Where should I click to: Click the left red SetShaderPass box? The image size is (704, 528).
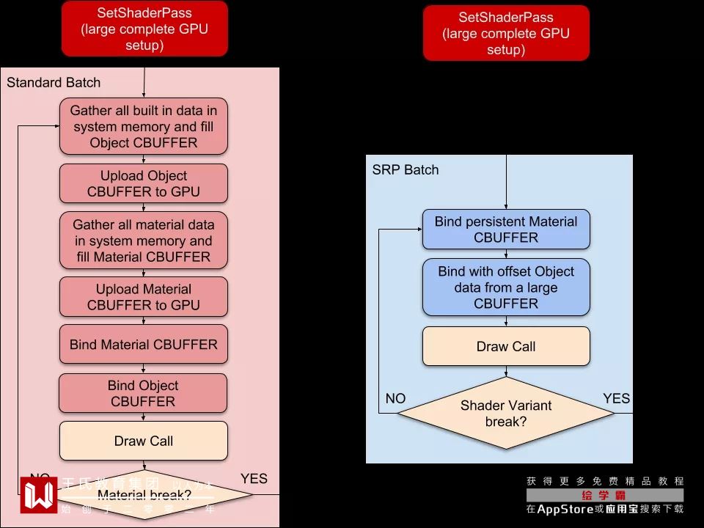coord(144,29)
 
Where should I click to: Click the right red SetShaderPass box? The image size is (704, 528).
coord(506,33)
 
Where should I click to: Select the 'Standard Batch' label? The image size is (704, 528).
coord(54,83)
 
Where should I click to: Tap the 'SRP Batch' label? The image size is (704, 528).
coord(405,169)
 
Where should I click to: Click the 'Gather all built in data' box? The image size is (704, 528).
coord(144,126)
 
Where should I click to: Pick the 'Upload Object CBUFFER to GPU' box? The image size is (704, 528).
coord(144,183)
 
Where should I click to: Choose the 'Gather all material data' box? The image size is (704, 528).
coord(144,241)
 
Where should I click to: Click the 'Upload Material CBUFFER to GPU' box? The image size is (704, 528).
coord(144,297)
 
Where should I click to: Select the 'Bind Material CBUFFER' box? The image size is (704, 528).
coord(144,344)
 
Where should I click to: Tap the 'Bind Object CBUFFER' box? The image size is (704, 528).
coord(144,393)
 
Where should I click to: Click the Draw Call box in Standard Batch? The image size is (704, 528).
coord(144,441)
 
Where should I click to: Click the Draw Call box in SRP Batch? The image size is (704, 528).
coord(506,346)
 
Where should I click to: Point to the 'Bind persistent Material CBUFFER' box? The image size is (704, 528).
coord(506,229)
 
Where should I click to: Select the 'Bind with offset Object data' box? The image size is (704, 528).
coord(506,287)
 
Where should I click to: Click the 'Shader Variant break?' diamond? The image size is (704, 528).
coord(506,414)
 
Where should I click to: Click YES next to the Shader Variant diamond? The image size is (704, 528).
coord(616,398)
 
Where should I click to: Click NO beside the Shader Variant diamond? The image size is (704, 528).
coord(395,398)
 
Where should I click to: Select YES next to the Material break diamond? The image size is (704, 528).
coord(254,479)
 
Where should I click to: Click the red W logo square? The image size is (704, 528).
coord(39,495)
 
